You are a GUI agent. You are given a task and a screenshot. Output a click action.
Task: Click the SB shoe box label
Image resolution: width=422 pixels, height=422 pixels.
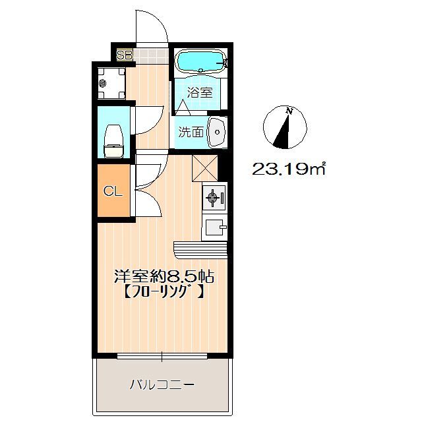point(124,55)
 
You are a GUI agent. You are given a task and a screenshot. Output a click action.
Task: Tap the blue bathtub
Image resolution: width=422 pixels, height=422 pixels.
point(200,61)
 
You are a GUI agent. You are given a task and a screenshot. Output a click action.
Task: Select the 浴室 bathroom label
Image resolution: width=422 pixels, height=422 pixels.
point(200,93)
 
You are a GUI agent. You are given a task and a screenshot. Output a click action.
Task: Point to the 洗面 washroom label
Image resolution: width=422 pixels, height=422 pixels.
point(191,132)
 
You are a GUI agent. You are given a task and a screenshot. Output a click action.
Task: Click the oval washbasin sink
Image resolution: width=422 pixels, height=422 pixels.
point(217,132)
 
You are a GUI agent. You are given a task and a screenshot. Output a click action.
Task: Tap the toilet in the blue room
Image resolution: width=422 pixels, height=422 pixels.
point(113,140)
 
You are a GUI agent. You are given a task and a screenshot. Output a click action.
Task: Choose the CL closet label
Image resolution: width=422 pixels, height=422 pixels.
point(113,191)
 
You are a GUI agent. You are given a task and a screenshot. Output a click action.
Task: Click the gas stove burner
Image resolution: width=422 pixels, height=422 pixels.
point(212,198)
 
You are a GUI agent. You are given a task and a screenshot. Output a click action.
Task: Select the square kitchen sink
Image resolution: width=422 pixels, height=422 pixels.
point(214,227)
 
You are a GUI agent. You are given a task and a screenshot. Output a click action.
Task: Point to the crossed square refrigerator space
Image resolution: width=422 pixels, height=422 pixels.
point(204,169)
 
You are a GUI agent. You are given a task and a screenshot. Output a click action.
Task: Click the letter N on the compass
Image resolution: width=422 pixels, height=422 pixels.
point(289,111)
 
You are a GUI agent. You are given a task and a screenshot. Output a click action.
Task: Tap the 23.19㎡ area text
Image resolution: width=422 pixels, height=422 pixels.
point(288,169)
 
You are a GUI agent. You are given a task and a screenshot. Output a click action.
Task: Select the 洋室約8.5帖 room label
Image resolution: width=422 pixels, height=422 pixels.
point(164,276)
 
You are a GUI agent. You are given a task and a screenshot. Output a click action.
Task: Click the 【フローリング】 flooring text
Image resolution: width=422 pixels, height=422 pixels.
point(164,291)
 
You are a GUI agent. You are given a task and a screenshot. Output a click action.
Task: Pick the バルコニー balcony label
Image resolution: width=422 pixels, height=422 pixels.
point(162,384)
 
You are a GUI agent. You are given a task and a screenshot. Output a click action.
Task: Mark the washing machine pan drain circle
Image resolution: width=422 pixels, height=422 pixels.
point(103,84)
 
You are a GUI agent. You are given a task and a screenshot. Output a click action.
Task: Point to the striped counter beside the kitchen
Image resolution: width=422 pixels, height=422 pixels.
point(200,250)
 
